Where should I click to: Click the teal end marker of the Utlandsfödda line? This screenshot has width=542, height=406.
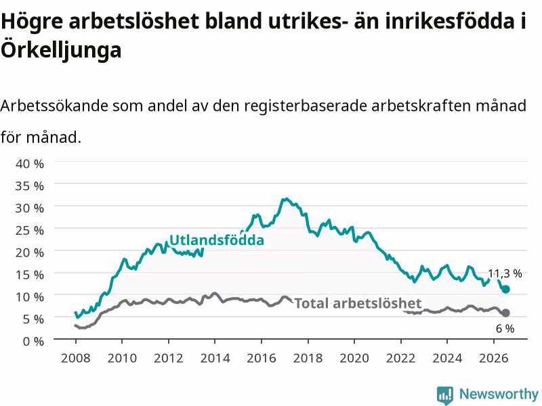505,290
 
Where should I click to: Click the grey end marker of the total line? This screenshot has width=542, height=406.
505,313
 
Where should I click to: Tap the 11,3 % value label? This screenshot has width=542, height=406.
505,274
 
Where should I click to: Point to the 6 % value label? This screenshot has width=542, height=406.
505,329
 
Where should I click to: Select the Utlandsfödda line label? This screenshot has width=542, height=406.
217,240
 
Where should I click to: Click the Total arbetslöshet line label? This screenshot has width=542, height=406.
358,303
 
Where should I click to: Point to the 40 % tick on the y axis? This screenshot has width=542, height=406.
30,164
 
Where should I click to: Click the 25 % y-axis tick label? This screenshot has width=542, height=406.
30,230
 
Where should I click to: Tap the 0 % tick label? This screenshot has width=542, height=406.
33,342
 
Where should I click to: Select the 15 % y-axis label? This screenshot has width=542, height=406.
30,275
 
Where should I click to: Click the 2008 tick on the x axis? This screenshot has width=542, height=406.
76,358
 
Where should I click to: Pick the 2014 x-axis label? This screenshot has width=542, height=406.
215,358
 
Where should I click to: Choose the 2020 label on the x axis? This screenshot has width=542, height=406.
354,358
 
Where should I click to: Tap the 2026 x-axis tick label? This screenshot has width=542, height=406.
494,358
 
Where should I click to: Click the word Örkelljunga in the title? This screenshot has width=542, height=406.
61,50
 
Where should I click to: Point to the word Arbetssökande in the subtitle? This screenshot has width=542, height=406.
54,106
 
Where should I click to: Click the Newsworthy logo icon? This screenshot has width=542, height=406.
445,395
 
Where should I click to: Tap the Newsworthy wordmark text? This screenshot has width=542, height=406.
499,394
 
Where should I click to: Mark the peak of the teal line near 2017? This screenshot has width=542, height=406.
286,199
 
